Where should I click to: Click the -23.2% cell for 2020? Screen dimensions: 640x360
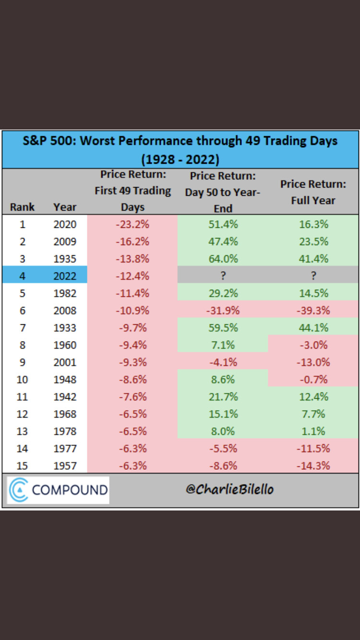132,224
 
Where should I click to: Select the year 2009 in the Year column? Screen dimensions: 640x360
65,241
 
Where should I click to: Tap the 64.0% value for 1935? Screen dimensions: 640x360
223,259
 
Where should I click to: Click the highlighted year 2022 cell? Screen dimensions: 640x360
65,276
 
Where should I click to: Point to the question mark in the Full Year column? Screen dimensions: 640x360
313,275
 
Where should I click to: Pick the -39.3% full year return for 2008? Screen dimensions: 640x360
313,310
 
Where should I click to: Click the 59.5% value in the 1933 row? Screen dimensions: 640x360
223,328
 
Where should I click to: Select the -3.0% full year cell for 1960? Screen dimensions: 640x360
313,345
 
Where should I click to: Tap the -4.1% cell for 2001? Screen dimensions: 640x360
223,362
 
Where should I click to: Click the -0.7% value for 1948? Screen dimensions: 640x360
313,379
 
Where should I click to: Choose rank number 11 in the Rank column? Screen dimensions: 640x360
22,397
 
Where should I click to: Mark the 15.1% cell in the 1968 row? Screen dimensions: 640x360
223,414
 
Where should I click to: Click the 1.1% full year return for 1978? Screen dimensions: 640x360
313,431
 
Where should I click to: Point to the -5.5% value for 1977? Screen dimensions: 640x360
223,449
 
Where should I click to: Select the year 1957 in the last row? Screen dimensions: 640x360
65,466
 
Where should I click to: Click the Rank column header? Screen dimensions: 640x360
22,207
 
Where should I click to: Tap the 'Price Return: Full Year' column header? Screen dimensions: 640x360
313,192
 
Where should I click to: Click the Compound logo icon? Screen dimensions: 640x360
18,490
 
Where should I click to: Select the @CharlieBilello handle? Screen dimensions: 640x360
230,489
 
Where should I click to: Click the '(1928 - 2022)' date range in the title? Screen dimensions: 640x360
180,159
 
